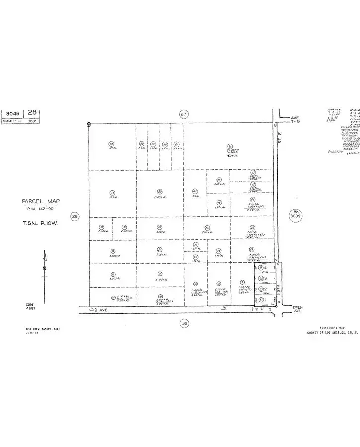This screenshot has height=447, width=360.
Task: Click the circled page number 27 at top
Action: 184,114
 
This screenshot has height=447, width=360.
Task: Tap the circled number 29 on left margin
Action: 75,216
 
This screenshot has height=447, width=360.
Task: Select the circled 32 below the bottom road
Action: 185,323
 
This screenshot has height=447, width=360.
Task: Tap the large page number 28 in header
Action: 33,112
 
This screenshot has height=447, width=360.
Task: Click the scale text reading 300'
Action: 33,120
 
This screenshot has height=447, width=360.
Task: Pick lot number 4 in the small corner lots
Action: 266,268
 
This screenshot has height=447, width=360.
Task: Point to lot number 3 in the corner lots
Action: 266,278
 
